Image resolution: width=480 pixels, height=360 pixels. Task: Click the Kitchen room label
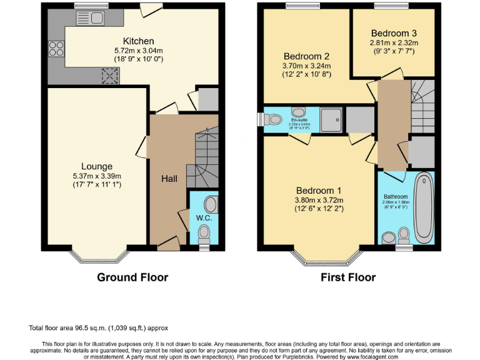[x=138, y=41]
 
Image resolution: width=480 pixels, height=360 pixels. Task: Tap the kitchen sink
[x=90, y=19]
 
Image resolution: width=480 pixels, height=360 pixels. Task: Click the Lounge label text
[x=96, y=166]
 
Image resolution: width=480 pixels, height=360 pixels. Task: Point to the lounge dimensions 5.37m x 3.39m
[x=96, y=176]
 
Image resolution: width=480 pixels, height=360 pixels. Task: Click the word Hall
[x=169, y=179]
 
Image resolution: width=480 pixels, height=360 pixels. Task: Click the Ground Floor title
[x=132, y=277]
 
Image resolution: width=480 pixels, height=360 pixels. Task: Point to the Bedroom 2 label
[x=306, y=55]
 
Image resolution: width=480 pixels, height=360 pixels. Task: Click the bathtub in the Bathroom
[x=424, y=209]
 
